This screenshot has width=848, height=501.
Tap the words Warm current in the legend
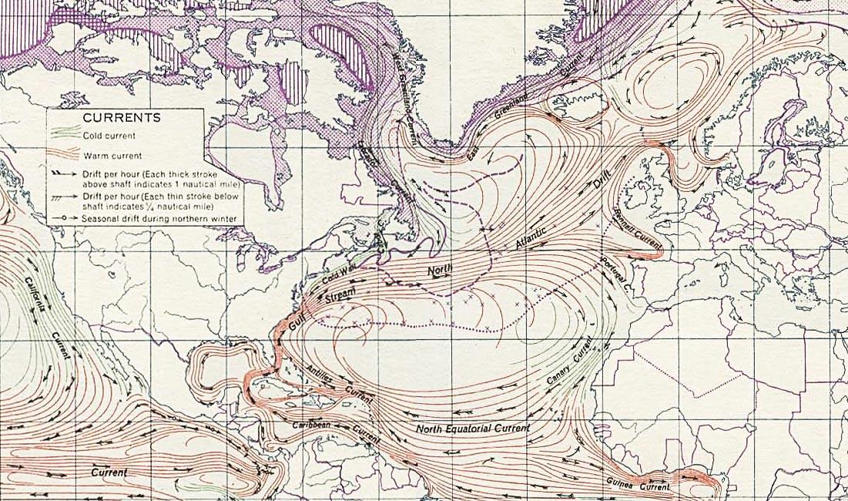(x=108, y=156)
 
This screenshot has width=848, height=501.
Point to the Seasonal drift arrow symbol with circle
(x=66, y=219)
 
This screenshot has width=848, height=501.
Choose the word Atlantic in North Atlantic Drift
(x=532, y=239)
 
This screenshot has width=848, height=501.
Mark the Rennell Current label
(x=636, y=230)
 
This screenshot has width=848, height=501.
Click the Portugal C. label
(x=615, y=272)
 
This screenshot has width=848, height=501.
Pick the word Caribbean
(x=311, y=425)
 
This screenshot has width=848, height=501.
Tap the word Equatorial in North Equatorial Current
(x=481, y=428)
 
